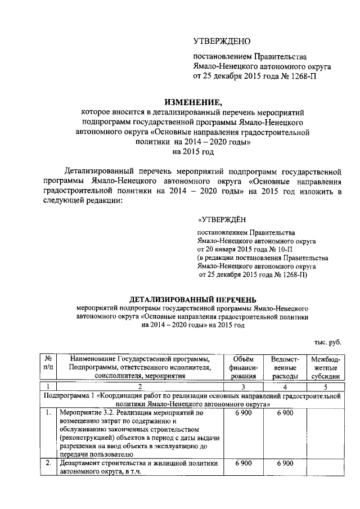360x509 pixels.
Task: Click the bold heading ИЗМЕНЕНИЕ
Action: [x=193, y=102]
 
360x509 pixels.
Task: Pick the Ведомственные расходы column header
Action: [x=285, y=367]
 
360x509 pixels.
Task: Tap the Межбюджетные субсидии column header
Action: [x=325, y=367]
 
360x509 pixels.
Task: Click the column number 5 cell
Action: [x=325, y=386]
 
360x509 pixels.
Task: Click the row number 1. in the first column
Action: [x=49, y=413]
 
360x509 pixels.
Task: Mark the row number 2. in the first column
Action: [x=49, y=463]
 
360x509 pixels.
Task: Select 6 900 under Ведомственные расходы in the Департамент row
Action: [x=285, y=463]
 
